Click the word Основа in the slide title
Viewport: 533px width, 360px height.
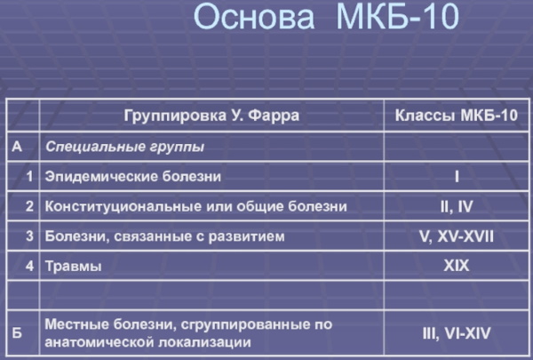click(254, 16)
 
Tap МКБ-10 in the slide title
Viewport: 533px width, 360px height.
click(397, 16)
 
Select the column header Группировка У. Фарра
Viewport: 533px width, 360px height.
click(211, 116)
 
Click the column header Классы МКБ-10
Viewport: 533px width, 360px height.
click(457, 116)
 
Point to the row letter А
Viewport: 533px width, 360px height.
click(17, 147)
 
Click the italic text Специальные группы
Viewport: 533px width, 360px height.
click(124, 147)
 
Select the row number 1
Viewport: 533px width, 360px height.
click(30, 176)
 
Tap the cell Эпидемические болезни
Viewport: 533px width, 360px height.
click(133, 177)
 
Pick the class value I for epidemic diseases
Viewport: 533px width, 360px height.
click(457, 177)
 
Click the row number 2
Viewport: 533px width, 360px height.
click(30, 206)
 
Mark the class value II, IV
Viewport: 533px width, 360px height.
click(457, 206)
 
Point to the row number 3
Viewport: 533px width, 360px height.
click(30, 236)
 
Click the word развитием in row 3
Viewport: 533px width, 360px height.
click(246, 236)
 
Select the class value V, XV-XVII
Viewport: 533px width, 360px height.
click(457, 236)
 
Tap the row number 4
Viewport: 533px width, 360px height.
click(30, 266)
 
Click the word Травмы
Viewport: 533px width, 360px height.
click(74, 266)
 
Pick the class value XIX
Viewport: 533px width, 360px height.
click(457, 266)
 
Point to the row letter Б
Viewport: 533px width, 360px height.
click(17, 333)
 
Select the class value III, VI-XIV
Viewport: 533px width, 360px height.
click(457, 333)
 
